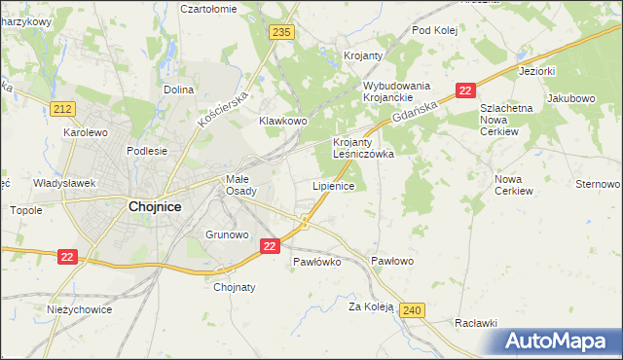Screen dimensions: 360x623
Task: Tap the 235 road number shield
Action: tap(282, 33)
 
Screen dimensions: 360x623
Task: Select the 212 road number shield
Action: tap(64, 108)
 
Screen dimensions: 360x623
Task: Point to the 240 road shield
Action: tap(412, 310)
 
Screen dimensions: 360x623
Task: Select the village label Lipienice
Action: tap(333, 185)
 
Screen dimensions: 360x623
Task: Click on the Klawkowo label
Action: tap(283, 121)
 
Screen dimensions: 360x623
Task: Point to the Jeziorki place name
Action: tap(537, 71)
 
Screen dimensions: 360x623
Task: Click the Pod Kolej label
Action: tap(434, 29)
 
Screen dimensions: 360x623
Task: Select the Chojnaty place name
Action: tap(234, 287)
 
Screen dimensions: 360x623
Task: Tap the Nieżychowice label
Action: tap(80, 309)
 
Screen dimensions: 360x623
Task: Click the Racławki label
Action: tap(476, 323)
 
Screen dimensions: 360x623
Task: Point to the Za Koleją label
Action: tap(371, 306)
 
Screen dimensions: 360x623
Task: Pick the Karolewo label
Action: tap(85, 131)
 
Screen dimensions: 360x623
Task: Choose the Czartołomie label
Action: tap(208, 8)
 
